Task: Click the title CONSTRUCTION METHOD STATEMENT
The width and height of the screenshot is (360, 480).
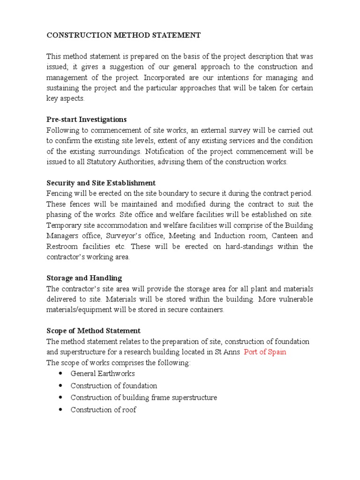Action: tap(124, 35)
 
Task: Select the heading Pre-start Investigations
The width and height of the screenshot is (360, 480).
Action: tap(87, 120)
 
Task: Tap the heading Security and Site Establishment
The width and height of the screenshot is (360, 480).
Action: tap(101, 183)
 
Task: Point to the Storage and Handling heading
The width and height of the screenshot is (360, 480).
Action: tap(84, 278)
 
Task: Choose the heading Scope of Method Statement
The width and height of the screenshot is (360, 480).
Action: tap(94, 331)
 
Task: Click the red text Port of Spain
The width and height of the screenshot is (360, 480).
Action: tap(265, 352)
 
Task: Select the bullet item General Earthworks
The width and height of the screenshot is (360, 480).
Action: tap(103, 374)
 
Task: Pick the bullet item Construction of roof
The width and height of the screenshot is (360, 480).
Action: tap(104, 410)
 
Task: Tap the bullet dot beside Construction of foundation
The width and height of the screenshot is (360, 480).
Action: tap(61, 385)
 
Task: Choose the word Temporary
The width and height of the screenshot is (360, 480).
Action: tap(63, 225)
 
